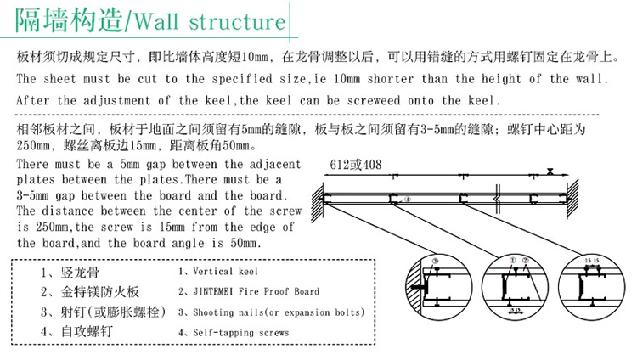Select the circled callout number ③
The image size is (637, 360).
[x=436, y=260]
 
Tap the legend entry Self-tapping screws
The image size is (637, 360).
[x=234, y=332]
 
